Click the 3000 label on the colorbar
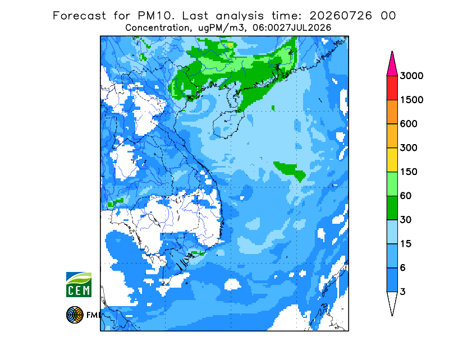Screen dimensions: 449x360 (x=411, y=76)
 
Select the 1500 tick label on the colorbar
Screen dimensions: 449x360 (x=411, y=100)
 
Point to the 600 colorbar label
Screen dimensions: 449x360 (x=409, y=124)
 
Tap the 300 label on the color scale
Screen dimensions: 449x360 (x=409, y=148)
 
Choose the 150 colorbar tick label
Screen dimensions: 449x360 (x=409, y=172)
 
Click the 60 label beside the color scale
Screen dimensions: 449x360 (x=406, y=196)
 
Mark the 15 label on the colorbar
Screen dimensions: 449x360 (x=406, y=244)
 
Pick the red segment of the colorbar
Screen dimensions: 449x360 (x=392, y=88)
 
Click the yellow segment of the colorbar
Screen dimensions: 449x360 (x=392, y=160)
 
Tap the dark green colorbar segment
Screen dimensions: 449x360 (x=392, y=208)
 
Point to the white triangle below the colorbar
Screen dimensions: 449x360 (x=392, y=302)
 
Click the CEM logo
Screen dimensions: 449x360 (x=79, y=284)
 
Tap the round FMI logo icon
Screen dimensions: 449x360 (x=75, y=315)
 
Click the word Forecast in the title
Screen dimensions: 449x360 (x=79, y=16)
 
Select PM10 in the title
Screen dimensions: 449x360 (x=156, y=16)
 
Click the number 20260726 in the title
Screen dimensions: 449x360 (x=341, y=16)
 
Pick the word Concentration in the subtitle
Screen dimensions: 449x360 (x=157, y=28)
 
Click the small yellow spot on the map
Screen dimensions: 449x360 (x=231, y=45)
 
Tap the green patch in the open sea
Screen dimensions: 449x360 (x=290, y=170)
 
